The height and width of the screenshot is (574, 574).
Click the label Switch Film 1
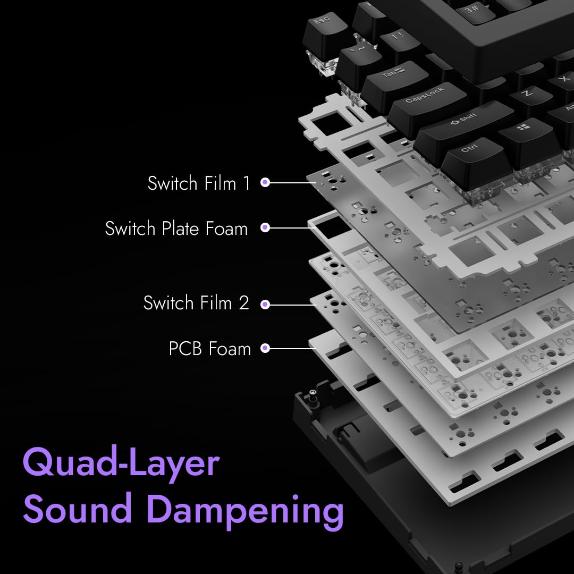pos(199,183)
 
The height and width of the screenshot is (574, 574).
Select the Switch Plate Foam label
pos(176,229)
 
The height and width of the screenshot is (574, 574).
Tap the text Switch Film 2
pos(196,303)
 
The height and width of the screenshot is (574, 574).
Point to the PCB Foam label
pos(209,349)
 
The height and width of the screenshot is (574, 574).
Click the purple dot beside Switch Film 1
pos(266,183)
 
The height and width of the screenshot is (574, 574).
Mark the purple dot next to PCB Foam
pos(266,349)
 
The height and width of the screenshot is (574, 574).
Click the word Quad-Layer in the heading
pos(121,463)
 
